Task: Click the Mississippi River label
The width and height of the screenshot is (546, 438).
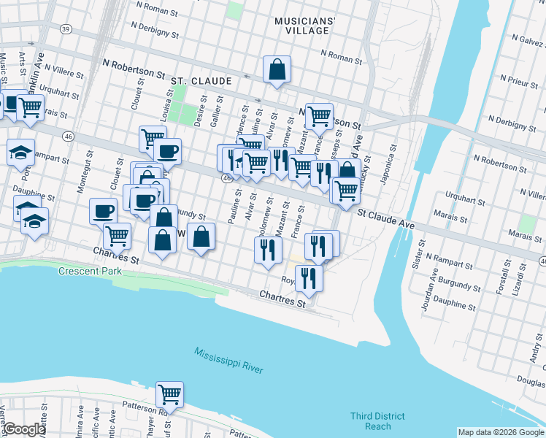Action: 228,361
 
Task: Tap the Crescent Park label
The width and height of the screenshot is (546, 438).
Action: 91,271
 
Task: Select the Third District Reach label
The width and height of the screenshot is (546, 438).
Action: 376,421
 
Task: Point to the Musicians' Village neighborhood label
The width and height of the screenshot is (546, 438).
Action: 304,27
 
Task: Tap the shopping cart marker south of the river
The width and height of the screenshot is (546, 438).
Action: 169,395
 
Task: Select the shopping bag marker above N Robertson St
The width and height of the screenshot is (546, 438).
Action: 277,70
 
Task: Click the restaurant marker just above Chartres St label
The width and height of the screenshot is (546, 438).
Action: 309,278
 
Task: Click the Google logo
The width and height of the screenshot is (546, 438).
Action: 23,430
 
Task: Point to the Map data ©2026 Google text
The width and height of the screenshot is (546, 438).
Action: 501,432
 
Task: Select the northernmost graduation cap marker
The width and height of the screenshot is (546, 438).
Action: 20,152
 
